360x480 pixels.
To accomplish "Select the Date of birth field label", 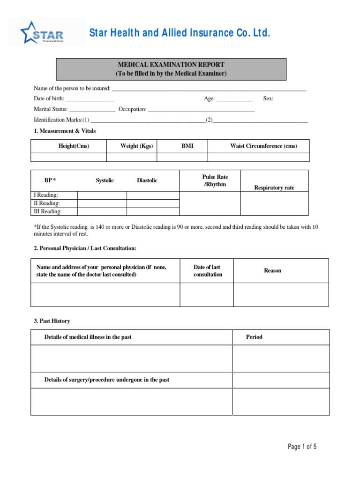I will [49, 98].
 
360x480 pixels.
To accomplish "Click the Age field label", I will [209, 98].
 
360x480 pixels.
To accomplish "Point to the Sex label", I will [268, 98].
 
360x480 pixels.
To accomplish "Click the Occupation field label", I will [133, 109].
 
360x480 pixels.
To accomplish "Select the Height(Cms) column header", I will [74, 146].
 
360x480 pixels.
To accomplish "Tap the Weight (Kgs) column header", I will [136, 146].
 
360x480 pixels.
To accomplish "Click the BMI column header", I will [187, 146].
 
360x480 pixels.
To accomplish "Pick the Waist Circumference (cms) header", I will [263, 146].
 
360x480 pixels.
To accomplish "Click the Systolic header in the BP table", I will [105, 180].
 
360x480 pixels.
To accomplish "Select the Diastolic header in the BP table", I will [147, 180].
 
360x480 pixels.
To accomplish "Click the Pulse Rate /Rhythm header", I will [215, 180].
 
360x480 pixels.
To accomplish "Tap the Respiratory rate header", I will [274, 187].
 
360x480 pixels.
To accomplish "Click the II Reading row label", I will [46, 203].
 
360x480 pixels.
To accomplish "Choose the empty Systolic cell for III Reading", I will [102, 211].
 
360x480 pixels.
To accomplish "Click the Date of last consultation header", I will [207, 270].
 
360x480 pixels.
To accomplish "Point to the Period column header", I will [255, 337].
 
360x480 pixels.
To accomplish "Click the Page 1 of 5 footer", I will [302, 447].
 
